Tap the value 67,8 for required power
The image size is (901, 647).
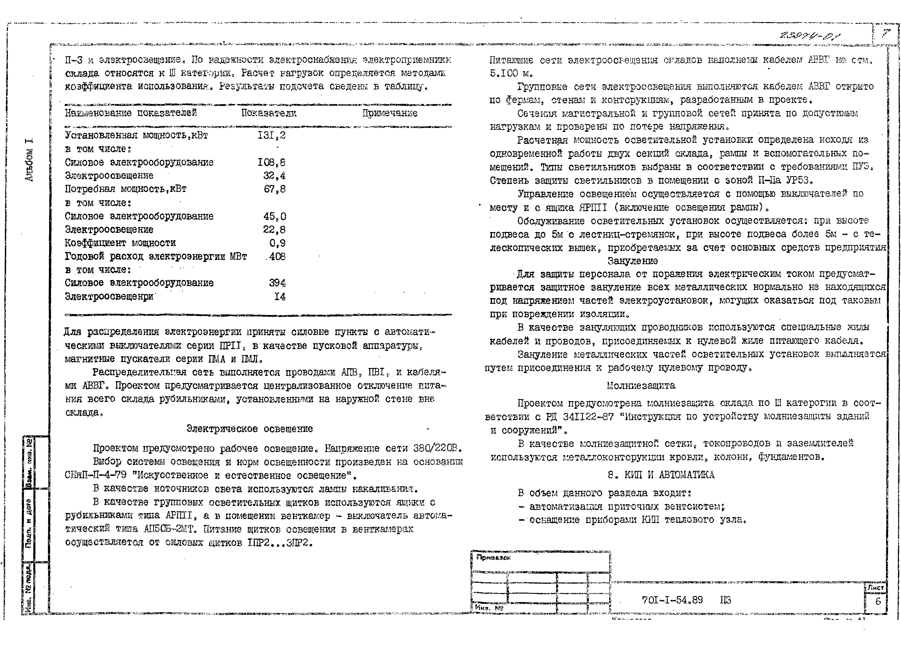click(274, 189)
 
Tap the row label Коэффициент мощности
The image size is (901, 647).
click(120, 243)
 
